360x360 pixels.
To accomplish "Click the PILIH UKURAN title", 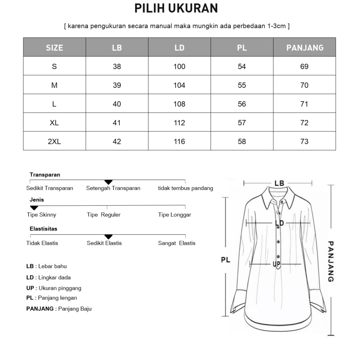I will (176, 8).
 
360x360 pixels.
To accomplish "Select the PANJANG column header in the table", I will (305, 48).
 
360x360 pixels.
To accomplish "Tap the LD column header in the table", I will (179, 48).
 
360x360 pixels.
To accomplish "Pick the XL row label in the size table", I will (54, 123).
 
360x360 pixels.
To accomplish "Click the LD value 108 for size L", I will (179, 104).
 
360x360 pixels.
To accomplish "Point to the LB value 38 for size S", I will (117, 67).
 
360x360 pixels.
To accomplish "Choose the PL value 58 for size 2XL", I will (242, 141).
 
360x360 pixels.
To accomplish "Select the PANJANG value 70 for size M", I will (305, 85).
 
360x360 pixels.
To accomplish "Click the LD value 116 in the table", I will (179, 141).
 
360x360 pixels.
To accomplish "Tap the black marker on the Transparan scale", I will (108, 182).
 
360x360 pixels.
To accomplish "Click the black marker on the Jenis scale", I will (34, 208).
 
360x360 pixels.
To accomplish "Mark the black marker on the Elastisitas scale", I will (108, 237).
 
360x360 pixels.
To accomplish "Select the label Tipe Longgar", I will (175, 215).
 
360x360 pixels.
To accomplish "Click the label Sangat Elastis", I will (177, 243).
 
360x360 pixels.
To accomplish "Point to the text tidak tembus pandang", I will (185, 188).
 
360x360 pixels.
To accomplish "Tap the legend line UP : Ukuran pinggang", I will (54, 288).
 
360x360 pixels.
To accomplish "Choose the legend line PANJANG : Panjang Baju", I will (59, 309).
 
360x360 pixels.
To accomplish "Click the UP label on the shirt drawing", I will (276, 264).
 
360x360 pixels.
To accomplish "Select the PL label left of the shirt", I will (225, 260).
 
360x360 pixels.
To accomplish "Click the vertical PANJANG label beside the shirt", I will (331, 261).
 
